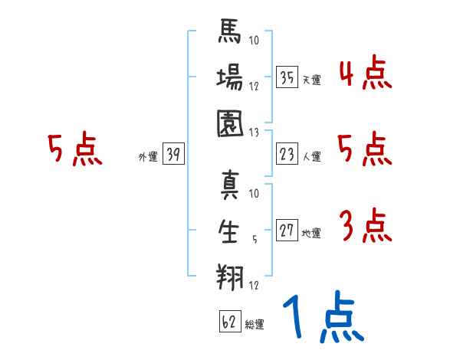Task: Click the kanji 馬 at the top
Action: coord(230,31)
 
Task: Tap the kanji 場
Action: coord(230,77)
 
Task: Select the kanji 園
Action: coord(230,123)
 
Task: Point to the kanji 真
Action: coord(230,185)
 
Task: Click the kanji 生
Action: coord(228,231)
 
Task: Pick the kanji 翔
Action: coord(230,277)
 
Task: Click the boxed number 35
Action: coord(287,77)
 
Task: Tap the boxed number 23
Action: coord(287,154)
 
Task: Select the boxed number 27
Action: coord(287,230)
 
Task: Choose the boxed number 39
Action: coord(173,154)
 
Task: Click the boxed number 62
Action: coord(230,322)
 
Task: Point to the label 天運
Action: coord(312,80)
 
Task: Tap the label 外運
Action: coord(148,156)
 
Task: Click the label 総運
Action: coord(255,325)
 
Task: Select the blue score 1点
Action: coord(324,316)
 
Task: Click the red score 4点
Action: coord(366,73)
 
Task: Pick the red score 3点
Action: coord(366,225)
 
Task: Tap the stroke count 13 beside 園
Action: coord(254,133)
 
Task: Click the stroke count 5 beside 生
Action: coord(255,240)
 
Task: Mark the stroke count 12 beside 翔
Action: coord(254,285)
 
